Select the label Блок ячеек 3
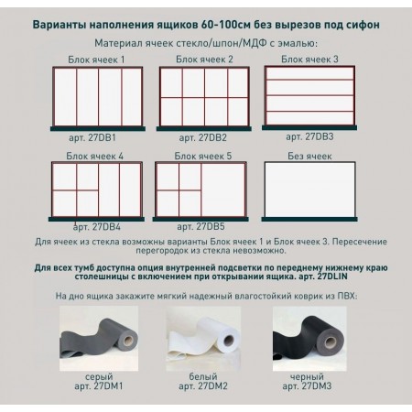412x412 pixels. click(x=309, y=59)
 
